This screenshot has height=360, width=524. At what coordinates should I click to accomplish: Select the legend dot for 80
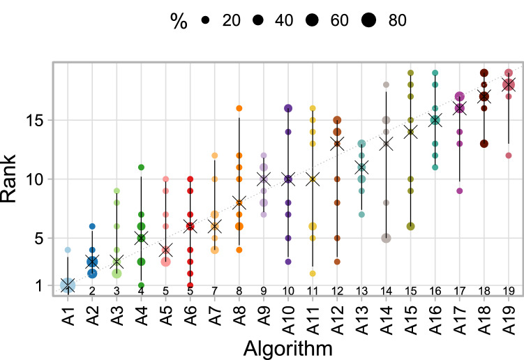coord(368,22)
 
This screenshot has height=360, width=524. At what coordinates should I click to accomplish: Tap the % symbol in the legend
coord(180,22)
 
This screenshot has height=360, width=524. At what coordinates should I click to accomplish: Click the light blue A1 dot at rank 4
coord(68,250)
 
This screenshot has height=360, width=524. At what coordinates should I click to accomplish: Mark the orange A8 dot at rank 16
coord(239,108)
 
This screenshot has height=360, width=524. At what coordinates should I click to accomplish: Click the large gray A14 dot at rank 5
coord(386,238)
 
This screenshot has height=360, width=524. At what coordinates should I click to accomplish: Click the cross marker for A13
coord(361,167)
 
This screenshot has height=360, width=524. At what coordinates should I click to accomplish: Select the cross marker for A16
coord(435,120)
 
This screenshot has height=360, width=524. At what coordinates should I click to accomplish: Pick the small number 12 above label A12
coord(336,290)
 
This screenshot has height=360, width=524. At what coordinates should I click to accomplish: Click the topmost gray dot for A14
coord(386,85)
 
